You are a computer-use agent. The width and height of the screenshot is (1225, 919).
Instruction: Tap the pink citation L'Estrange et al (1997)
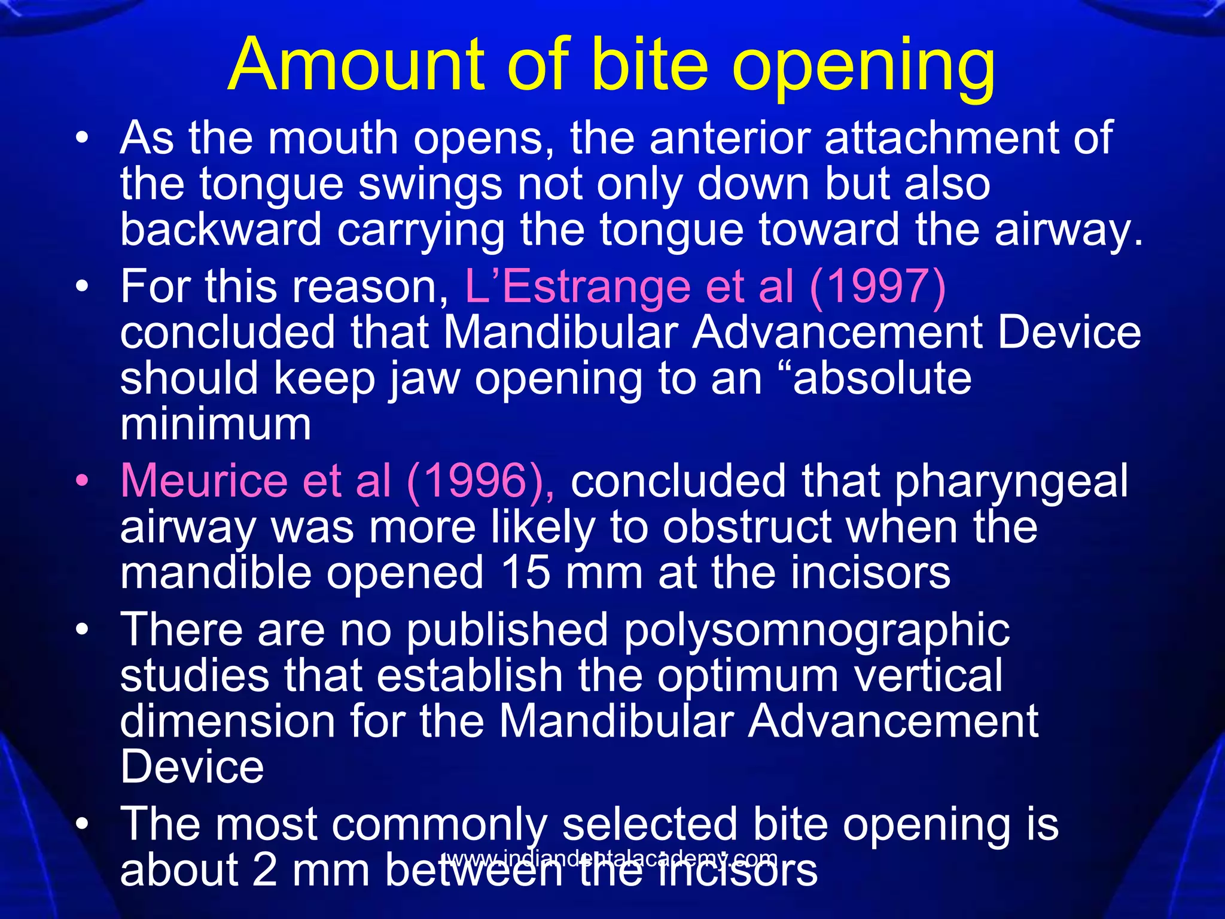coord(705,287)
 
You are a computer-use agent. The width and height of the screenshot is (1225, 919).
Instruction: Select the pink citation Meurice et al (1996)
coord(337,481)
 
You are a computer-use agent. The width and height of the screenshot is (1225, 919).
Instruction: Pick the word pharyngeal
coord(1011,481)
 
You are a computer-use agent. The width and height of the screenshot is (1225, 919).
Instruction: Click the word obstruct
coord(748,527)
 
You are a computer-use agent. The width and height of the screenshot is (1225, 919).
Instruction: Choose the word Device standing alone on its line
coord(192,767)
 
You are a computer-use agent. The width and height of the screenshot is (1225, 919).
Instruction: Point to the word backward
coord(221,230)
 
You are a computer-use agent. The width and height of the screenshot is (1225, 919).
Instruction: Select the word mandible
coord(216,573)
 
